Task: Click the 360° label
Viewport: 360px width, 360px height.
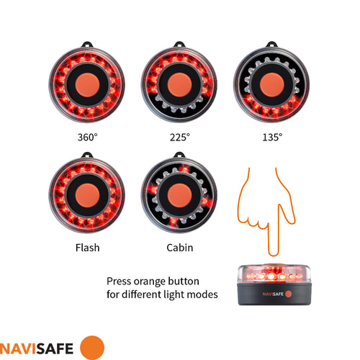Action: pos(87,136)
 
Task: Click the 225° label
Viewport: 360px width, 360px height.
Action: pos(179,136)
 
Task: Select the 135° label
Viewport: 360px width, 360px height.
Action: pos(272,136)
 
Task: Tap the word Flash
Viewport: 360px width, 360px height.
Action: pos(87,248)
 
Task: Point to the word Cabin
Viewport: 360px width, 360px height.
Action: pos(179,248)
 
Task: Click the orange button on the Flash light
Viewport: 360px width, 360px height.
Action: pos(87,194)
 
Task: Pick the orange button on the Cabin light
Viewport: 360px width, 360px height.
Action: pos(179,194)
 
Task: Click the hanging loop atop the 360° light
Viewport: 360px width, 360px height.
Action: pos(87,41)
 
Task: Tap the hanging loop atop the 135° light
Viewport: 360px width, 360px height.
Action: pos(272,41)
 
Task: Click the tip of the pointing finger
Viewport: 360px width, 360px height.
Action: pos(271,253)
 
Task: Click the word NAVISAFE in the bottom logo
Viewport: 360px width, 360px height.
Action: pos(39,346)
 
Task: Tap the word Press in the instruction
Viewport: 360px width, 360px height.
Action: pos(120,282)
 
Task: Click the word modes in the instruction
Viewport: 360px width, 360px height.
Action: pos(203,294)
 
